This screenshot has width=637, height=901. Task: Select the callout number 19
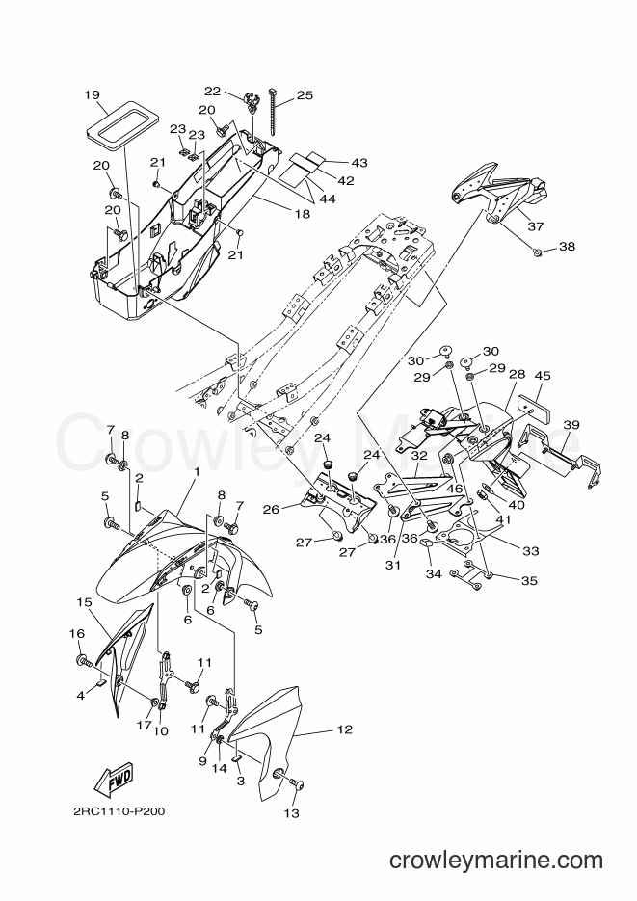[92, 94]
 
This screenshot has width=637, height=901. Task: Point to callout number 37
[536, 226]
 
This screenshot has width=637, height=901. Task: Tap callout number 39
[571, 425]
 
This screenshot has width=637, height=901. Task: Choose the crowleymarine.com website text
[496, 861]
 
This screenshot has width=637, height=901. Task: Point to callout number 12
[345, 729]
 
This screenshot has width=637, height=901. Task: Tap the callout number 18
[303, 214]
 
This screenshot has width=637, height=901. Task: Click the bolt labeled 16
[83, 661]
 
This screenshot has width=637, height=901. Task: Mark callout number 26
[272, 509]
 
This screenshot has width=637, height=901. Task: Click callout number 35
[529, 580]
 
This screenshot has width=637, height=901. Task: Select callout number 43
[359, 163]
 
